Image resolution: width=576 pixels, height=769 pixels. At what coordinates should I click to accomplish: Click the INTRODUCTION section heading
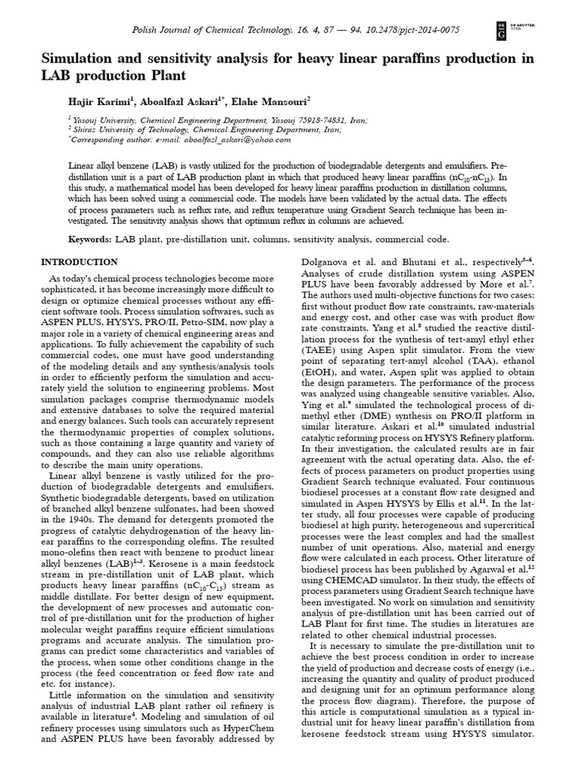coord(79,262)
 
